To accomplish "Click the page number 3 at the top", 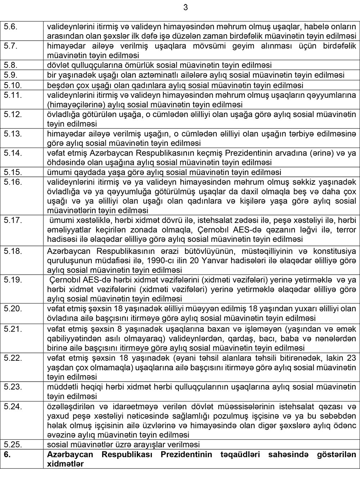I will (185, 7).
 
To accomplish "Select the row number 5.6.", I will (10, 26).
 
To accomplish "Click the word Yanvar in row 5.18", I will (234, 260).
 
